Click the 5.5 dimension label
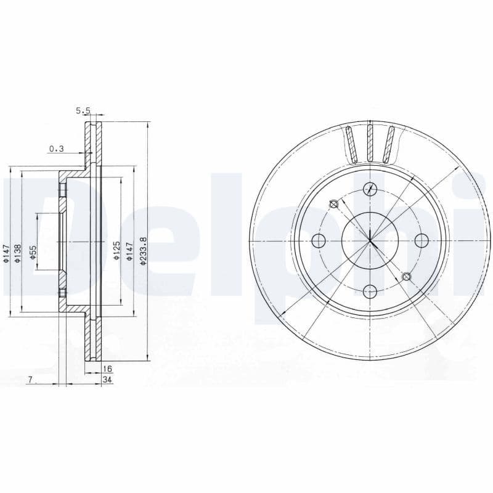(83, 111)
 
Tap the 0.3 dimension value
(56, 148)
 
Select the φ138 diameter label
(19, 253)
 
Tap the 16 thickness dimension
(108, 369)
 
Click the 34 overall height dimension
(108, 380)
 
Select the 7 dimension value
(30, 380)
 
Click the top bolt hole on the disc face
(370, 189)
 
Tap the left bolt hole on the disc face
(319, 240)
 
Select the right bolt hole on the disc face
(422, 240)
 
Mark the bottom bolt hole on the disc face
(370, 291)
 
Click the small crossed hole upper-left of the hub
(334, 204)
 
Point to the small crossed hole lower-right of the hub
(405, 277)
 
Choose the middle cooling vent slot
(370, 143)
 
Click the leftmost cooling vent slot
(351, 144)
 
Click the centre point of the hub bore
(370, 240)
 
